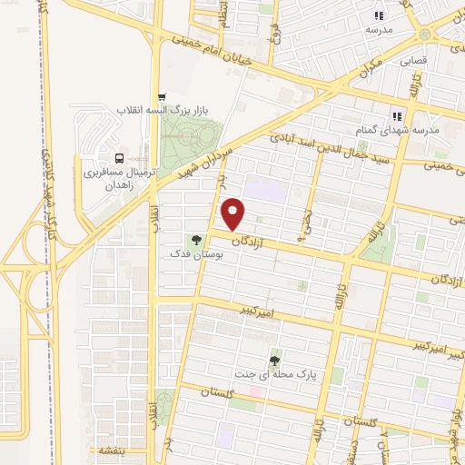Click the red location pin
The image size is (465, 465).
tap(234, 214)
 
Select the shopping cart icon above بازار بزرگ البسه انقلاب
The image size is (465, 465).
tap(162, 97)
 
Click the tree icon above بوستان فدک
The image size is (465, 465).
tap(195, 241)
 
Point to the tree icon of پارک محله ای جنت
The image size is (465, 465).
tap(275, 361)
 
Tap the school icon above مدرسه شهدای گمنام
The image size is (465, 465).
tap(396, 116)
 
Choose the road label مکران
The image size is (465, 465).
tap(391, 64)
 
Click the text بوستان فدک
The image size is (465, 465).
tap(196, 255)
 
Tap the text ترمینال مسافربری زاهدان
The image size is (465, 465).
tap(114, 177)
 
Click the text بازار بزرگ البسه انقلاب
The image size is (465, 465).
tap(169, 111)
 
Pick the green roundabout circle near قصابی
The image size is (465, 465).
tap(423, 34)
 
